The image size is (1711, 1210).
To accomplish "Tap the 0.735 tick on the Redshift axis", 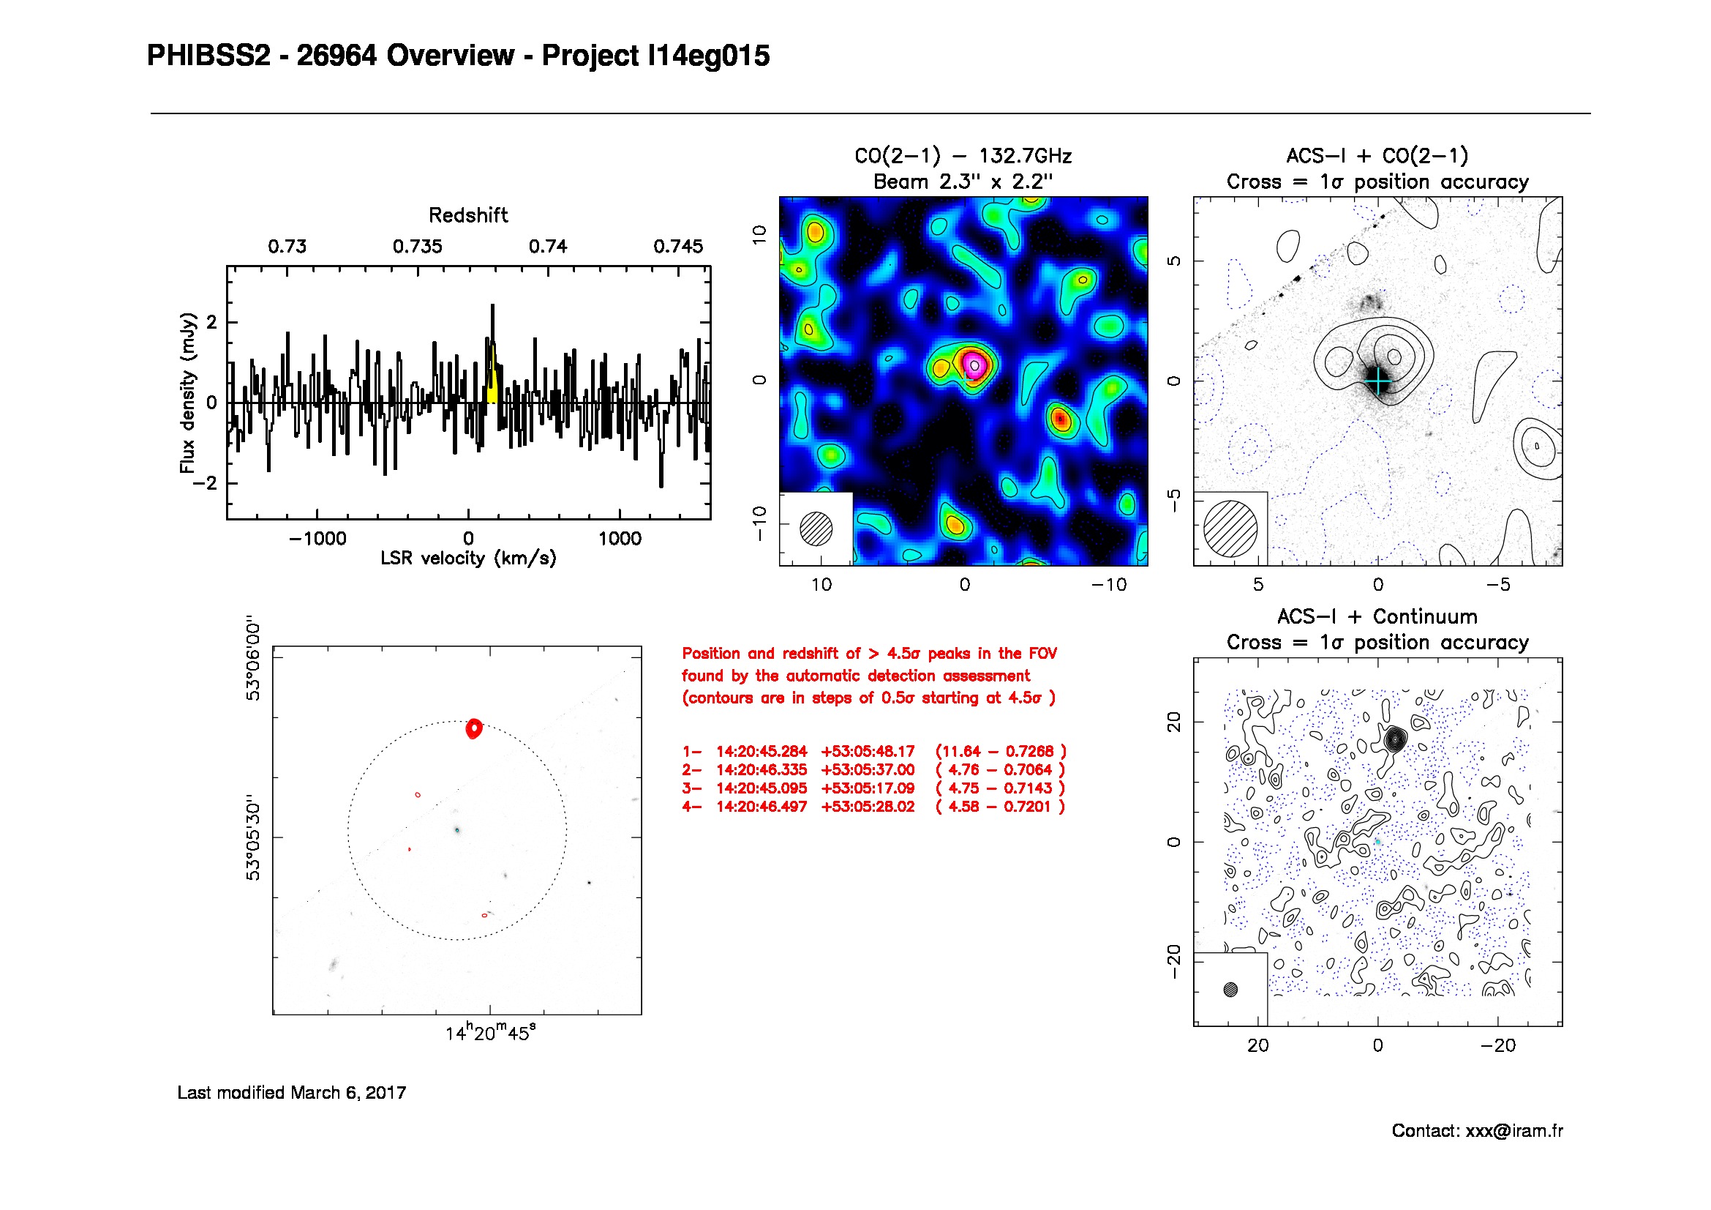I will point(417,247).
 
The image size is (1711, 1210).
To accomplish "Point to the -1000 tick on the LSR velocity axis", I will point(317,538).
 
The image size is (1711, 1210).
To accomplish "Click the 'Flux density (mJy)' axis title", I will point(187,392).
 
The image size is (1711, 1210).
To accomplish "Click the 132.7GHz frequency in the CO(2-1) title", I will point(1025,156).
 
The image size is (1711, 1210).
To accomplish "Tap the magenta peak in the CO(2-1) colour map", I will point(974,365).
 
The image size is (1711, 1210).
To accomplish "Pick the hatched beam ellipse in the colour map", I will point(816,529).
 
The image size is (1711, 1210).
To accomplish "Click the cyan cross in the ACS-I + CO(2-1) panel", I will point(1379,381).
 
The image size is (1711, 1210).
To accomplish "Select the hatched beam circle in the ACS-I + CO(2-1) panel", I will point(1230,529).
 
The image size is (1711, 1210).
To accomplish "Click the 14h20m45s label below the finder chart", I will point(490,1034).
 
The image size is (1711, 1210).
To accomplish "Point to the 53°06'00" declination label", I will point(254,658).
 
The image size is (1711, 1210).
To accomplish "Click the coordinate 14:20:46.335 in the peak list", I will point(762,770).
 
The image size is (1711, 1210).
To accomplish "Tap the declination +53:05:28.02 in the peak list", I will point(868,807).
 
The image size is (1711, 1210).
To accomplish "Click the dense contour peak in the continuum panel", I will point(1395,739).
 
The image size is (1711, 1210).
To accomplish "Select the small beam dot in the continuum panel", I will point(1230,990).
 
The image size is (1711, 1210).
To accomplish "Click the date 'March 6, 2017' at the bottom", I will point(348,1093).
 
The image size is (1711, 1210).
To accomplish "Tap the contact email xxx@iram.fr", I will point(1513,1131).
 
